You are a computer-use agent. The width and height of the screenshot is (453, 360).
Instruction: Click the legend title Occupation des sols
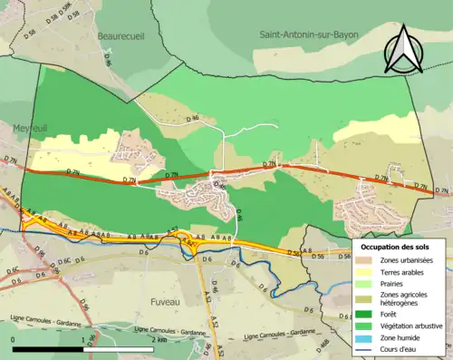(x=396, y=246)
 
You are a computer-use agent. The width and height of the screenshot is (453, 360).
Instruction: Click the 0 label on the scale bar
(x=13, y=340)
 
